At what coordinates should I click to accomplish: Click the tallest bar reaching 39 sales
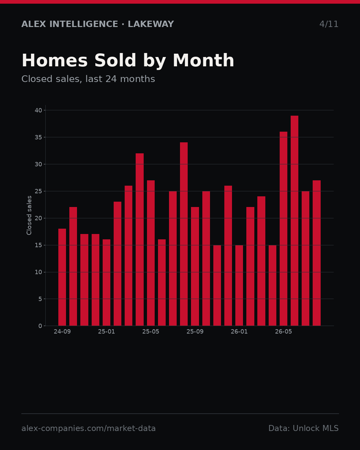point(294,221)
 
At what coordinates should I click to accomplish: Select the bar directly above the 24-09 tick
point(62,277)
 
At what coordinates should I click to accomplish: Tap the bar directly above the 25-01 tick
point(106,283)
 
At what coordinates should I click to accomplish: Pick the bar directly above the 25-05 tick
point(151,253)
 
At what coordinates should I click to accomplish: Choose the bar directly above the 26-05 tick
point(283,229)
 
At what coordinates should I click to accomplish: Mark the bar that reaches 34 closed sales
point(184,234)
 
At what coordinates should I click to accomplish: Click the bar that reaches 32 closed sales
point(140,240)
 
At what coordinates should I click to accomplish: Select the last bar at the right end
point(317,253)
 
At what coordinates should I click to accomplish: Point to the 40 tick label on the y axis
point(38,110)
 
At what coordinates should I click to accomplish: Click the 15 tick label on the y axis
point(38,245)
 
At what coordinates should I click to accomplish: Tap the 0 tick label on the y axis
point(40,326)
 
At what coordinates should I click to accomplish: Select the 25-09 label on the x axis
point(195,332)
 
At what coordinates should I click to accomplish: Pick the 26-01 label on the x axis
point(239,332)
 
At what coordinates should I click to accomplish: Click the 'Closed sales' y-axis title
point(29,215)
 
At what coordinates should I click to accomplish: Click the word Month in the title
point(204,60)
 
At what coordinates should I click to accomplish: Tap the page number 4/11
point(329,24)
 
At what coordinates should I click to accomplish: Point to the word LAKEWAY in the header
point(151,24)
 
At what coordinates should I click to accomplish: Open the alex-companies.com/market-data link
point(89,428)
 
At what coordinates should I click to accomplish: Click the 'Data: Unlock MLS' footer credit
point(304,428)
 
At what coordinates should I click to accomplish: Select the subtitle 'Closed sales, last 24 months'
point(88,79)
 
